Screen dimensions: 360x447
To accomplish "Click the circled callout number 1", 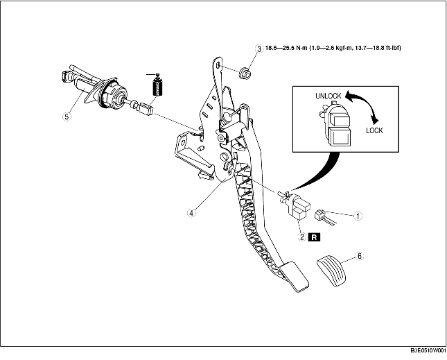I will (x=358, y=216).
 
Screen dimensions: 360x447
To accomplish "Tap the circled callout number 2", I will (x=301, y=236).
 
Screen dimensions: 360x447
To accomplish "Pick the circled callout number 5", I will (x=67, y=117).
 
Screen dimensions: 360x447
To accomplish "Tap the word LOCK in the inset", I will (x=374, y=130).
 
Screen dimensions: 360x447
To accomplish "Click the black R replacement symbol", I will (x=315, y=236).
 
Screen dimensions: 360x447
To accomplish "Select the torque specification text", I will (x=335, y=49).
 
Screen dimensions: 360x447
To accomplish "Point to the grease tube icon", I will (x=156, y=87).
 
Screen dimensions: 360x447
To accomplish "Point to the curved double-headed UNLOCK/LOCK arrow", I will (x=368, y=107).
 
